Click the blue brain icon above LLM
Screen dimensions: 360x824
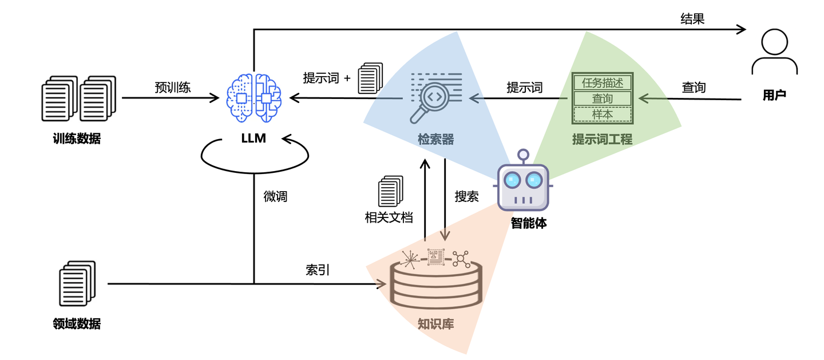click(254, 98)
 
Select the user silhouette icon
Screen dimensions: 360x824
click(774, 52)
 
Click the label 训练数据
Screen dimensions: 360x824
click(77, 138)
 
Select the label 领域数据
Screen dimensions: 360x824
click(77, 324)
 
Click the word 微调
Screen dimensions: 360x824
click(275, 197)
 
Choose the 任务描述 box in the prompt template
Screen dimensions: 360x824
click(602, 83)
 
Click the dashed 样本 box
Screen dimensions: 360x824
click(602, 114)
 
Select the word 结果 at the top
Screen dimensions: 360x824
click(692, 19)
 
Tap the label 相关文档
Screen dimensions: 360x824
click(389, 218)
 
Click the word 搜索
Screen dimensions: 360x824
click(466, 196)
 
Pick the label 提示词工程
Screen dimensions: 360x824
click(602, 139)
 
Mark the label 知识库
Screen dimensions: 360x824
click(436, 324)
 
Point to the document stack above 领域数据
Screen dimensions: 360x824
click(77, 283)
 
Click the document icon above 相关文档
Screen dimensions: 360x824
click(390, 191)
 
